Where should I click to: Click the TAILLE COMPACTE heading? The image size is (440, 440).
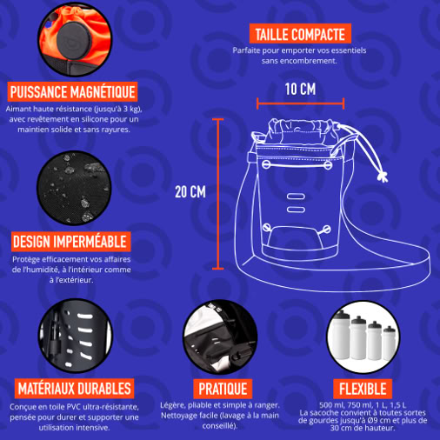click(x=300, y=34)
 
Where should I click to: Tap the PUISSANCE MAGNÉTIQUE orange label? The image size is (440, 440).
click(x=72, y=92)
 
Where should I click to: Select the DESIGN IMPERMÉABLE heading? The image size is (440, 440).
click(x=70, y=242)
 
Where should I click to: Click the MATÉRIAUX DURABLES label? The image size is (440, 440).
click(x=74, y=389)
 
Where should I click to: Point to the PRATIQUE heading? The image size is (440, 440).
click(x=223, y=389)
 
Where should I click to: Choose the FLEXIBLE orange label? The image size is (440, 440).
click(x=363, y=389)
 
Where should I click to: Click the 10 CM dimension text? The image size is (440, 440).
click(x=300, y=89)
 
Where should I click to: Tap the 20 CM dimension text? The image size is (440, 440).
click(x=190, y=191)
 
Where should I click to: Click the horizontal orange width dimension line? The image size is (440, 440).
click(x=300, y=103)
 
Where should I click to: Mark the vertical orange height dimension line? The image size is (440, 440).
click(x=217, y=194)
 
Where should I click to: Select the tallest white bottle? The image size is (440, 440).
click(x=342, y=335)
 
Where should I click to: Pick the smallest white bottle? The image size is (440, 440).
click(x=389, y=343)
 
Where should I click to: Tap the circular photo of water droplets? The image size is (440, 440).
click(x=74, y=188)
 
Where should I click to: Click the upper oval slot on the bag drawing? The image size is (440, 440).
click(x=296, y=197)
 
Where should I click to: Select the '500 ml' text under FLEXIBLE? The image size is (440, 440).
click(x=330, y=405)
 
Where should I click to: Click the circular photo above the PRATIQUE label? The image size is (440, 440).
click(x=220, y=337)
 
